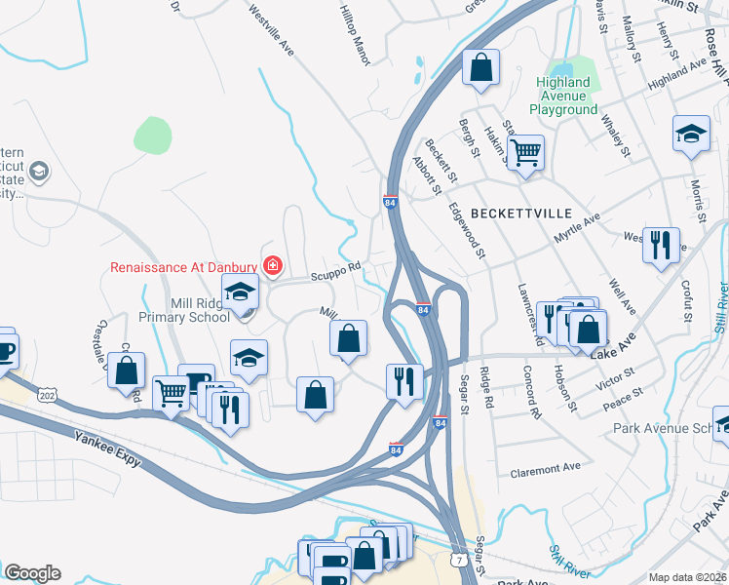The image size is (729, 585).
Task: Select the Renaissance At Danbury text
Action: click(x=183, y=266)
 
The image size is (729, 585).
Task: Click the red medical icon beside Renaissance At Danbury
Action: click(x=274, y=265)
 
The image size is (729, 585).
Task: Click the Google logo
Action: click(x=32, y=572)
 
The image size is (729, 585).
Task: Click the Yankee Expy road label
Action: click(x=108, y=451)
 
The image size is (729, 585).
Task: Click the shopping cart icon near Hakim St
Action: click(x=525, y=152)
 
